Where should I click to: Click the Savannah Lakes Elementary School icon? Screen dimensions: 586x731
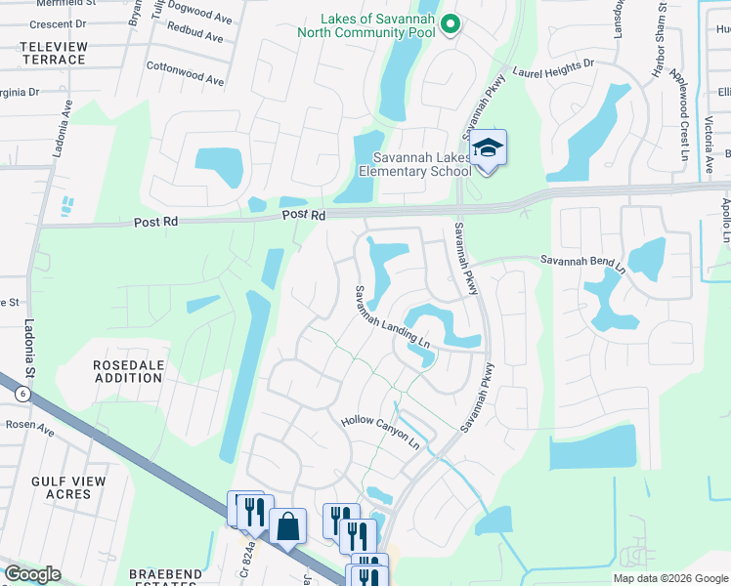point(489,149)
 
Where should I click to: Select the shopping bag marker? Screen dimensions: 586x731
point(287,527)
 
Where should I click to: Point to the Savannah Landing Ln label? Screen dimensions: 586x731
point(392,317)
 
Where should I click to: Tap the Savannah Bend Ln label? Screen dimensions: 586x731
point(582,262)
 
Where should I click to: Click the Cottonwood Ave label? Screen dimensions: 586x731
point(186,74)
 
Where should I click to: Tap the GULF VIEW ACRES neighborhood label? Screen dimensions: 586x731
point(74,487)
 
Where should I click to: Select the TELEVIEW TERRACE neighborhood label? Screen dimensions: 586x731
point(48,53)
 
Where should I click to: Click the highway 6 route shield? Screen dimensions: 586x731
point(21,394)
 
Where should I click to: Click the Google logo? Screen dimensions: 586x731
point(32,574)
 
